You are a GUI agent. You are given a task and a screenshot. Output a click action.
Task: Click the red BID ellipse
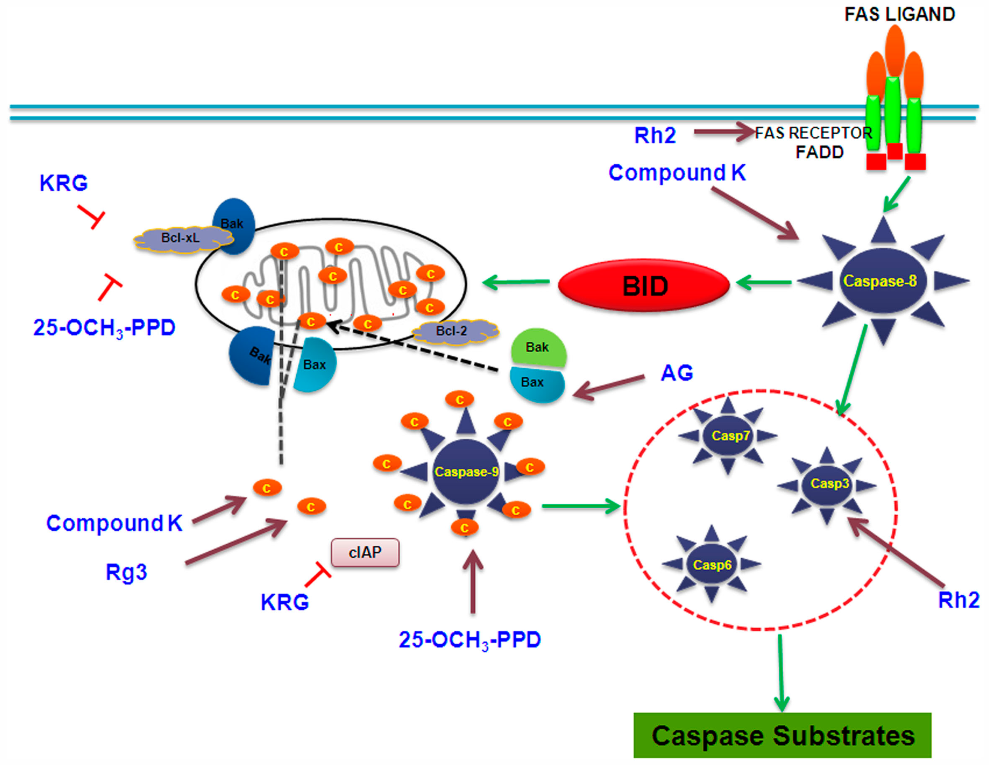(x=644, y=286)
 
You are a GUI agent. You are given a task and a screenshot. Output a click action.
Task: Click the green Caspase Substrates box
(x=782, y=735)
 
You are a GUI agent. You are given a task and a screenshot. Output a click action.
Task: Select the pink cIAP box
(x=365, y=552)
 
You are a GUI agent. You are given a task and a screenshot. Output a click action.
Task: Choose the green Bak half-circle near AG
(x=538, y=348)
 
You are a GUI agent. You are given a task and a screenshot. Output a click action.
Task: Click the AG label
(x=676, y=373)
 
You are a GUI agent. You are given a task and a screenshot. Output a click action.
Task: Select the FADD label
(x=820, y=152)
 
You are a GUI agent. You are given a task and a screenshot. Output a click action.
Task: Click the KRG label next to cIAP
(x=284, y=602)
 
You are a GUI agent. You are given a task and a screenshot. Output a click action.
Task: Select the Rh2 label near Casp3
(x=958, y=600)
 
